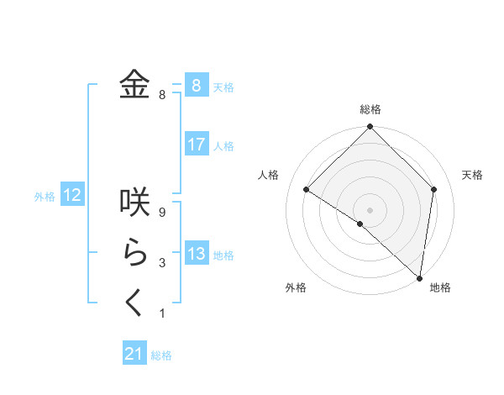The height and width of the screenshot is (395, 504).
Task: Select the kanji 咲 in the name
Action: pos(135,203)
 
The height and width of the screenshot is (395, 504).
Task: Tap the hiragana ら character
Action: pos(135,254)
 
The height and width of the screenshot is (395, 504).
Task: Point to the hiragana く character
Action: pos(135,304)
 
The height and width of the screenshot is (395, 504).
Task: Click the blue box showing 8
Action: pos(196,85)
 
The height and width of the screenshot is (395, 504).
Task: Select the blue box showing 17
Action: pos(196,145)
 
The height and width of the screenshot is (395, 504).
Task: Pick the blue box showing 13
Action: pos(196,254)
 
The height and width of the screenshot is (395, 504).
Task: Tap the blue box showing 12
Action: pos(72,196)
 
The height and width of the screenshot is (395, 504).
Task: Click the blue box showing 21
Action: pos(134,354)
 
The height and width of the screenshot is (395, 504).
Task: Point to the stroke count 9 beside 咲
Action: pos(162,213)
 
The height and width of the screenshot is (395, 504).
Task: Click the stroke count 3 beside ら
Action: pos(162,263)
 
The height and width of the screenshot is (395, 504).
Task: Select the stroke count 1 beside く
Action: pos(162,313)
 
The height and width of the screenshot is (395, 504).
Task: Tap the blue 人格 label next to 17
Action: pos(223,146)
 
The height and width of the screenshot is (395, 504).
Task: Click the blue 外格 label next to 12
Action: pos(45,197)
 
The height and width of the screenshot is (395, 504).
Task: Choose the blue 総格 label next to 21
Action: pos(161,355)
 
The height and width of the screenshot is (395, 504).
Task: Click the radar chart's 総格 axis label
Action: pos(370,109)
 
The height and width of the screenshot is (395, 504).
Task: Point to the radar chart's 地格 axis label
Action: pos(440,288)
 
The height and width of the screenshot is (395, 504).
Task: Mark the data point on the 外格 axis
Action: pos(360,224)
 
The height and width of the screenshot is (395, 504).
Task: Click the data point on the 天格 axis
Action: pos(434,189)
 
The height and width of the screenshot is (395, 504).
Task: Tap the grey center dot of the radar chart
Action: pos(370,209)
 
